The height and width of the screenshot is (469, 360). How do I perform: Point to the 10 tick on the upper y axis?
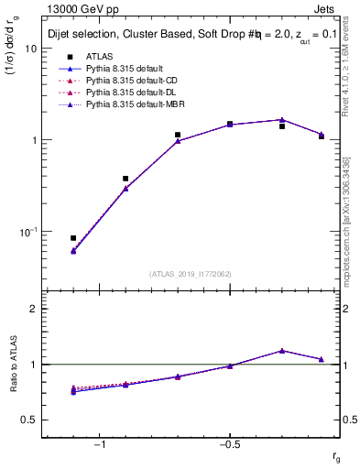[31, 49]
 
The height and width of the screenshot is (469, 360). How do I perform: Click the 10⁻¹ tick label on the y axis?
[27, 232]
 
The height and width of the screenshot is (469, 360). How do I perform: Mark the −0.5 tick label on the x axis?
[230, 444]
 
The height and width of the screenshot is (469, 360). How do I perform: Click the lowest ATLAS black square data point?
[73, 238]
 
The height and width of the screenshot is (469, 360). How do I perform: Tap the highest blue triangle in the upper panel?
[282, 119]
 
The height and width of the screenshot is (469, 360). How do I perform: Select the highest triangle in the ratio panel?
[282, 350]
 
